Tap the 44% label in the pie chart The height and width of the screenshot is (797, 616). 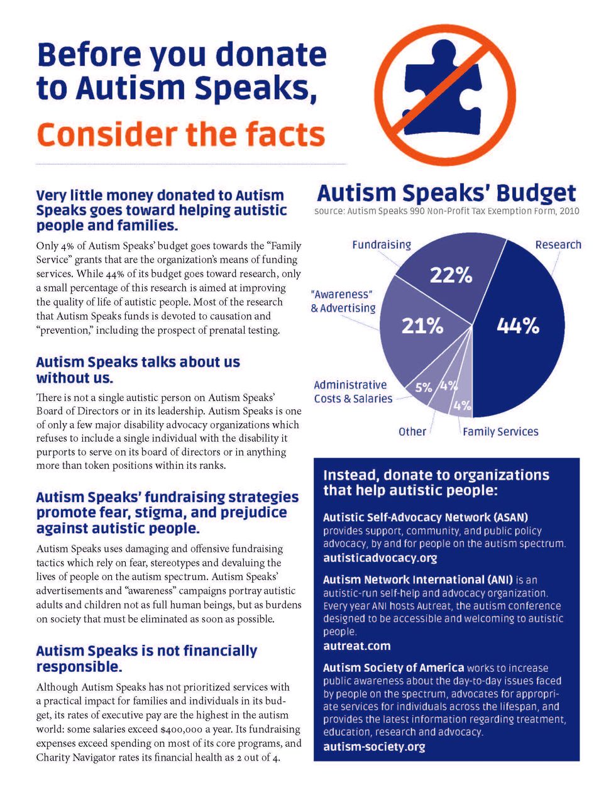point(518,326)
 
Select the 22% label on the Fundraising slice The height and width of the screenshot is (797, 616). point(451,275)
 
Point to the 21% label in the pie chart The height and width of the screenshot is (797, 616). point(422,326)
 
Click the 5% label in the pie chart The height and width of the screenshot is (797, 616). point(424,387)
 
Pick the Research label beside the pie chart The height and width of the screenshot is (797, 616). point(558,245)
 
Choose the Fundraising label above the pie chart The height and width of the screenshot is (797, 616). point(382,245)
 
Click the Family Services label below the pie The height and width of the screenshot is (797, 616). point(500,432)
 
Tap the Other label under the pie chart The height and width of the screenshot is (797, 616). point(412,432)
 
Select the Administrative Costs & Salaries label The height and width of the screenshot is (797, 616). point(352,392)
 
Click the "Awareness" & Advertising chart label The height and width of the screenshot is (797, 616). point(343,301)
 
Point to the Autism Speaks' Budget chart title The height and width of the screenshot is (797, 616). point(446,193)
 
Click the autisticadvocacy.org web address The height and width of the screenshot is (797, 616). point(380,558)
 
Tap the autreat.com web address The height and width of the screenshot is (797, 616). point(356,646)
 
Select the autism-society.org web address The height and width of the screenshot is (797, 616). point(374,747)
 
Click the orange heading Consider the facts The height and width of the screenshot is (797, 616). point(181,135)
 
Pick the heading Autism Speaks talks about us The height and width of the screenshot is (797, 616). point(138,363)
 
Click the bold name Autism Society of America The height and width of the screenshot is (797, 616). point(393,668)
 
